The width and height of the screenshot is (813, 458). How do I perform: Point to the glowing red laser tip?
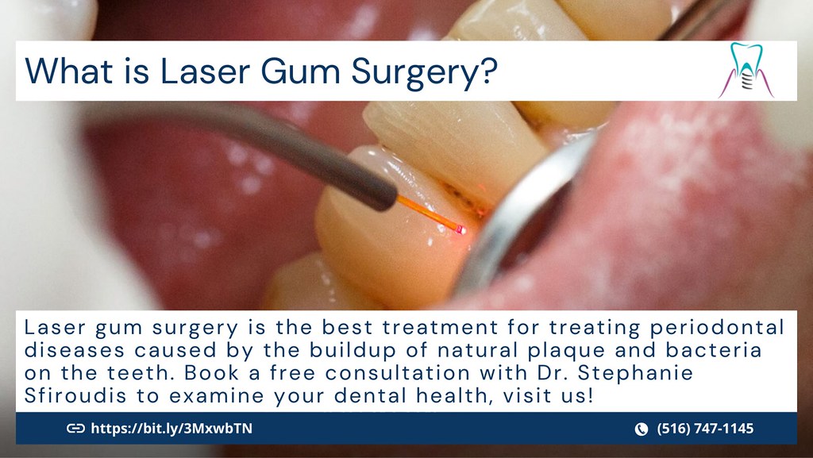pyautogui.click(x=460, y=230)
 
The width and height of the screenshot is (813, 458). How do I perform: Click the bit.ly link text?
pyautogui.click(x=172, y=429)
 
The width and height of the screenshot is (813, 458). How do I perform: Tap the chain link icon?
pyautogui.click(x=75, y=429)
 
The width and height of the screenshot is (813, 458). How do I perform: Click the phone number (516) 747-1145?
pyautogui.click(x=705, y=429)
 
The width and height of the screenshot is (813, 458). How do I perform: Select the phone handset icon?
pyautogui.click(x=642, y=429)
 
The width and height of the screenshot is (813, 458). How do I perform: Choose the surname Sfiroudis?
pyautogui.click(x=72, y=394)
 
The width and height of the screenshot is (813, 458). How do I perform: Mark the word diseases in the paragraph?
pyautogui.click(x=71, y=349)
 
